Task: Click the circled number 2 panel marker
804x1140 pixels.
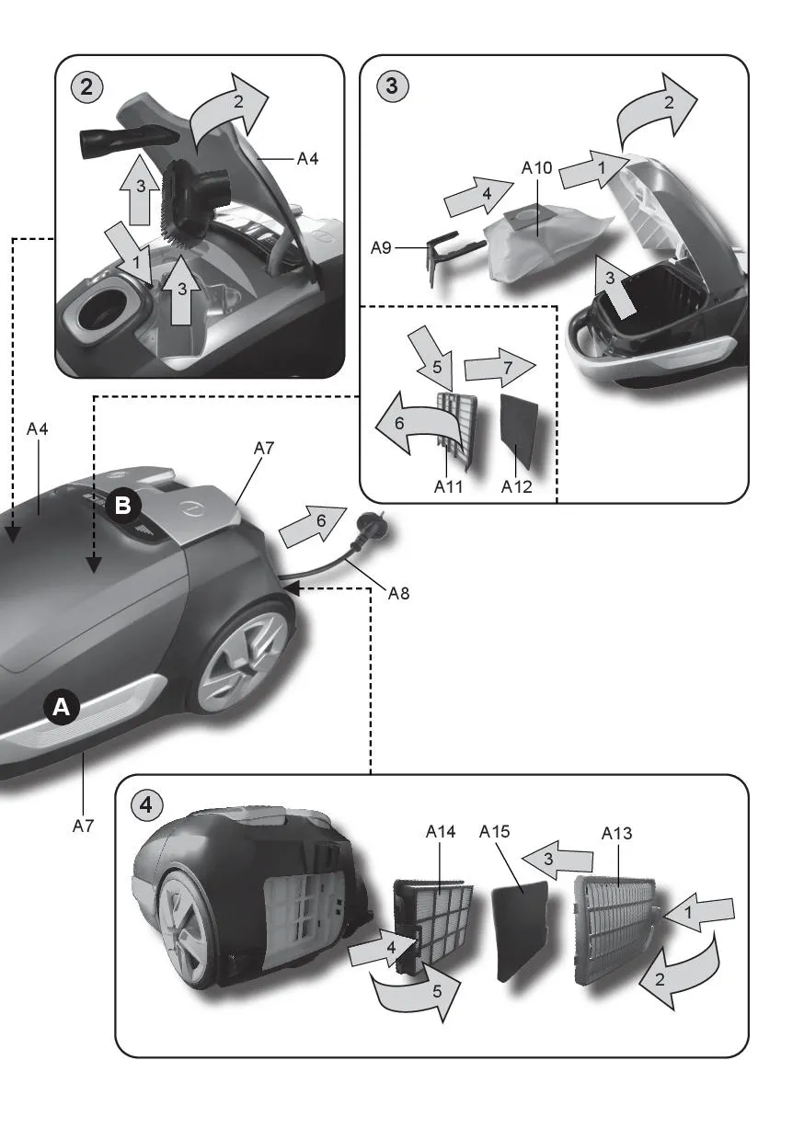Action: [x=86, y=87]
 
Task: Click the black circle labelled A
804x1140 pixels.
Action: [x=61, y=707]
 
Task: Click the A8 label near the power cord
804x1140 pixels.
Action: [x=397, y=594]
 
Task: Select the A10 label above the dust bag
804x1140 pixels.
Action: [x=536, y=168]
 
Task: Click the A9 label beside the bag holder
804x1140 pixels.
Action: [x=382, y=247]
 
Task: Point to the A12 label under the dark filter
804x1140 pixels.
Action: [x=517, y=487]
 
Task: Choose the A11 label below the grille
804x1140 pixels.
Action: [x=448, y=487]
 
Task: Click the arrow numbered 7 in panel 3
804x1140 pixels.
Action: [x=498, y=368]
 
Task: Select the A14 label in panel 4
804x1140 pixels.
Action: [x=441, y=832]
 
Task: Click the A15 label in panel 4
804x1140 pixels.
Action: [x=495, y=832]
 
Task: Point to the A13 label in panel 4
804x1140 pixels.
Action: [x=616, y=834]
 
